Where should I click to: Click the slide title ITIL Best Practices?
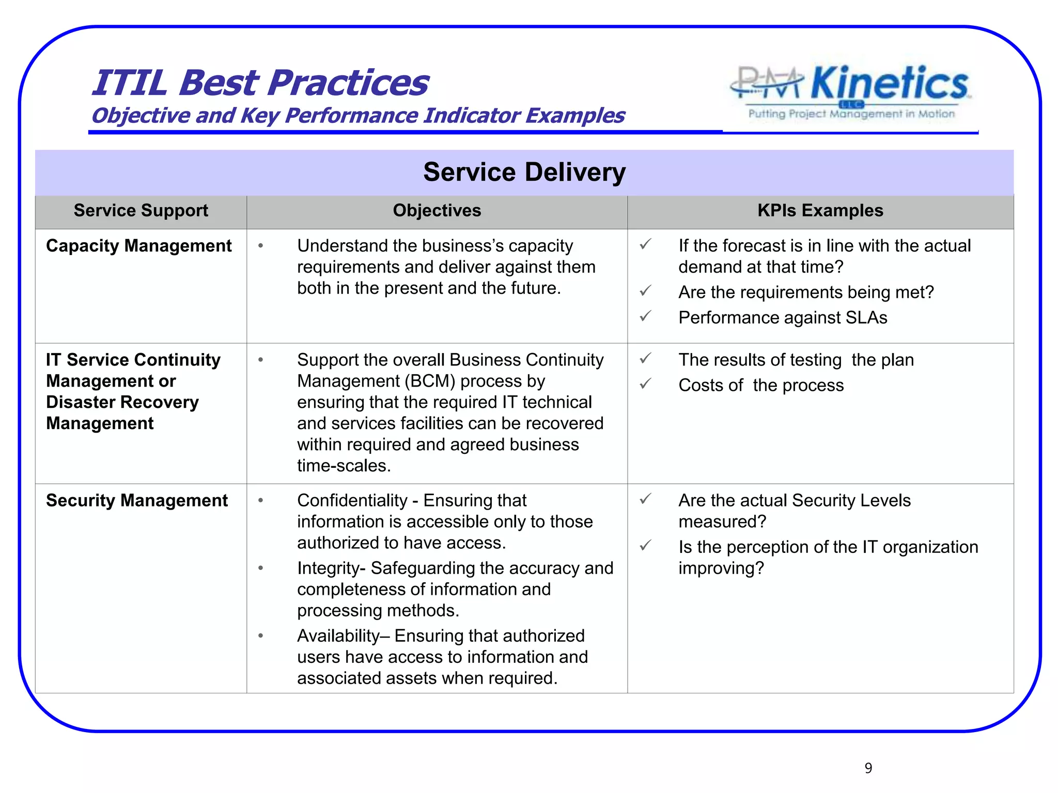coord(260,83)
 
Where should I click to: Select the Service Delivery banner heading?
coord(524,172)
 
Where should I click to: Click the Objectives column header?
coord(437,211)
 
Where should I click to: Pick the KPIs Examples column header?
coord(820,211)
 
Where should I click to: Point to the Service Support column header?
coord(141,211)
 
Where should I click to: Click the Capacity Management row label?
coord(138,246)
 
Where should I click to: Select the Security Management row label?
coord(136,500)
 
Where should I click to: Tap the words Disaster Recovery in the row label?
coord(122,402)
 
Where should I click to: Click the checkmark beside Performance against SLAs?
coord(645,316)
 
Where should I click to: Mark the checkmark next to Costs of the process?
coord(645,384)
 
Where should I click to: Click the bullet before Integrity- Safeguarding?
coord(261,568)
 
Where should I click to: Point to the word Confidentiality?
coord(352,500)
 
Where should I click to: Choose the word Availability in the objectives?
coord(338,636)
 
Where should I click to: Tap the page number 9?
coord(868,768)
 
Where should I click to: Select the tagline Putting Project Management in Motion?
coord(851,114)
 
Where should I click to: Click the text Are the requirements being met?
coord(806,292)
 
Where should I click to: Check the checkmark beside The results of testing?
coord(645,358)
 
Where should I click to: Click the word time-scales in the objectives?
coord(344,466)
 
